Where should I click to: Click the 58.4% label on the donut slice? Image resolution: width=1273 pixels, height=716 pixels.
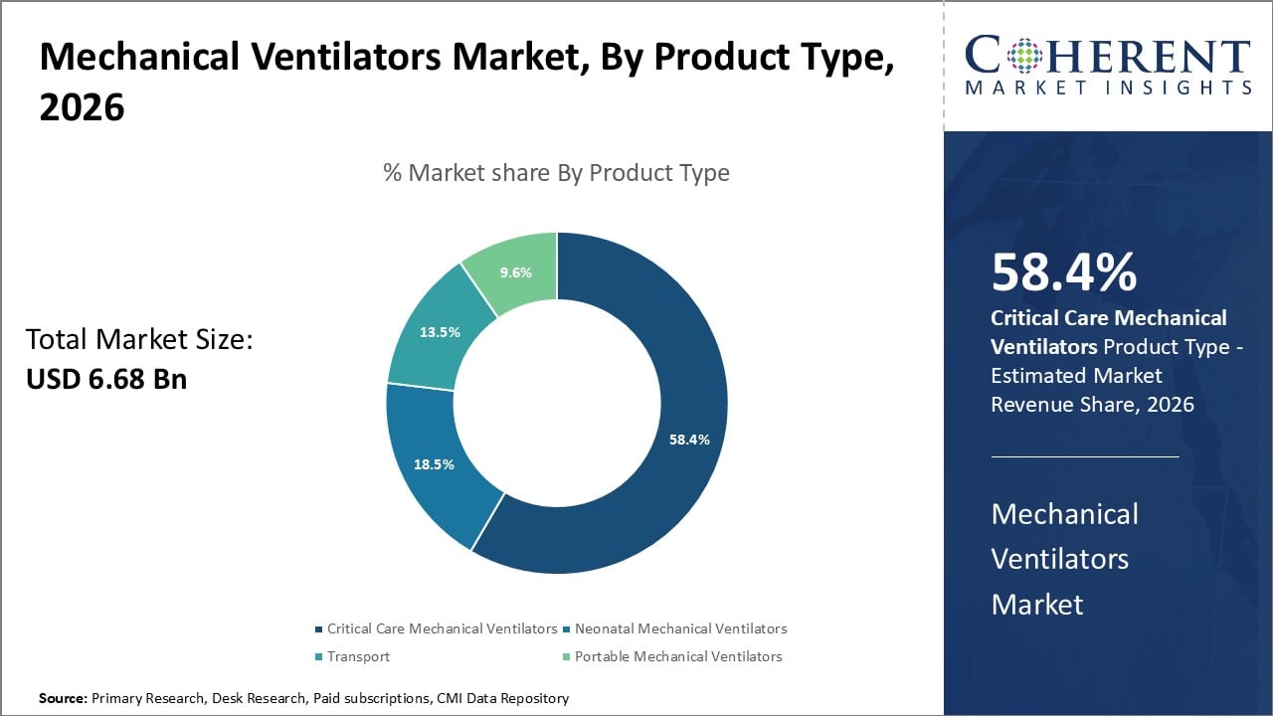[688, 440]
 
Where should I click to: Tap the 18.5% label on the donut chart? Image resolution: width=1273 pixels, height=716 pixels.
[434, 464]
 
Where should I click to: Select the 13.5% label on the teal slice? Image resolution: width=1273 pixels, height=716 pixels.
[440, 332]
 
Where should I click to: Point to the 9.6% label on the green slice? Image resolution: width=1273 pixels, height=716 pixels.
[515, 272]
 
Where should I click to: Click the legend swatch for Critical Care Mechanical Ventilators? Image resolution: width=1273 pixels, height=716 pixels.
[318, 629]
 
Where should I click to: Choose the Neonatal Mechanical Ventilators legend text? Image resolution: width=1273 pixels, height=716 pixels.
[680, 628]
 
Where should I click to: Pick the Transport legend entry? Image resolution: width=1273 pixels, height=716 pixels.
[358, 656]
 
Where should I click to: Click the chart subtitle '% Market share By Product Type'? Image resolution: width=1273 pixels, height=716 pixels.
[556, 173]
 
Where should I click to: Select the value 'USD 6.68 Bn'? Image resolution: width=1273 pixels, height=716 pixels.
[106, 379]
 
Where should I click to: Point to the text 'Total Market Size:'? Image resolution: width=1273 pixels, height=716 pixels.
[139, 340]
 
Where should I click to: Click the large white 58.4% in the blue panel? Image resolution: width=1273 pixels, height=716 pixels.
[1064, 273]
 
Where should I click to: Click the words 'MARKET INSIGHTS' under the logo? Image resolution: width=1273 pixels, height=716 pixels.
[1108, 89]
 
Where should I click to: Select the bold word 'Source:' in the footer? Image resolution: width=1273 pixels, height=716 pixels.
[63, 699]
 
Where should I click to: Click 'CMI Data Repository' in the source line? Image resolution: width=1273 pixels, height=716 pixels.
[502, 699]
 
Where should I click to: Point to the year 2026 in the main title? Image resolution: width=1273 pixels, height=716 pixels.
[83, 106]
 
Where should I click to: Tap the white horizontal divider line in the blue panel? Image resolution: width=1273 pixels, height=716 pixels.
[1084, 456]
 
